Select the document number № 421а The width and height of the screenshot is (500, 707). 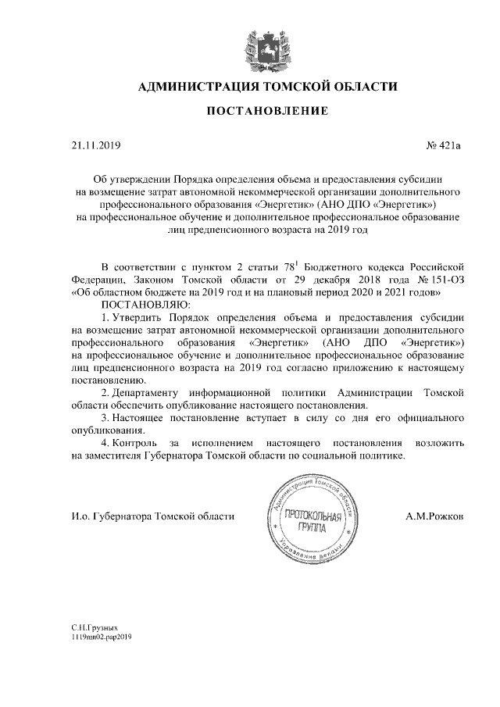click(444, 145)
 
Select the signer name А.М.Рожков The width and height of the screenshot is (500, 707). click(434, 516)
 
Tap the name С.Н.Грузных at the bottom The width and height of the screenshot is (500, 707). click(93, 627)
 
